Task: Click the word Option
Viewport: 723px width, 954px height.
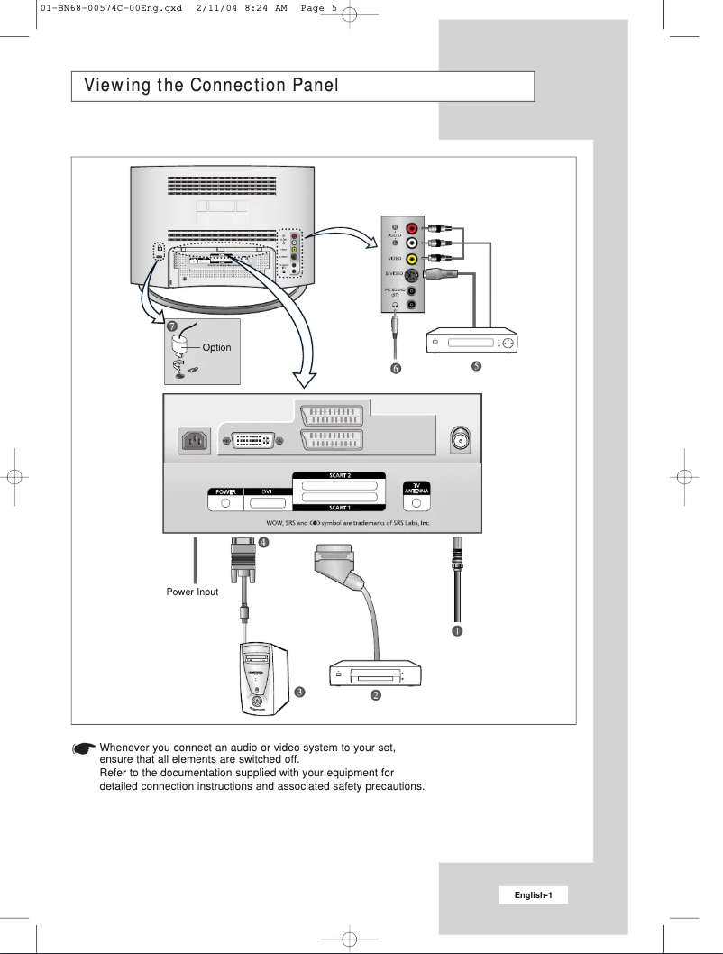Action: click(216, 347)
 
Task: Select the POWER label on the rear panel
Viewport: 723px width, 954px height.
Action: click(220, 492)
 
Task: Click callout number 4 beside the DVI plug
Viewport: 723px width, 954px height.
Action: click(264, 543)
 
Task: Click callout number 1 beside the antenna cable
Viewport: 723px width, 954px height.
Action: click(457, 630)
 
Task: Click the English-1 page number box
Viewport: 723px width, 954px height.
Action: click(535, 894)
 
